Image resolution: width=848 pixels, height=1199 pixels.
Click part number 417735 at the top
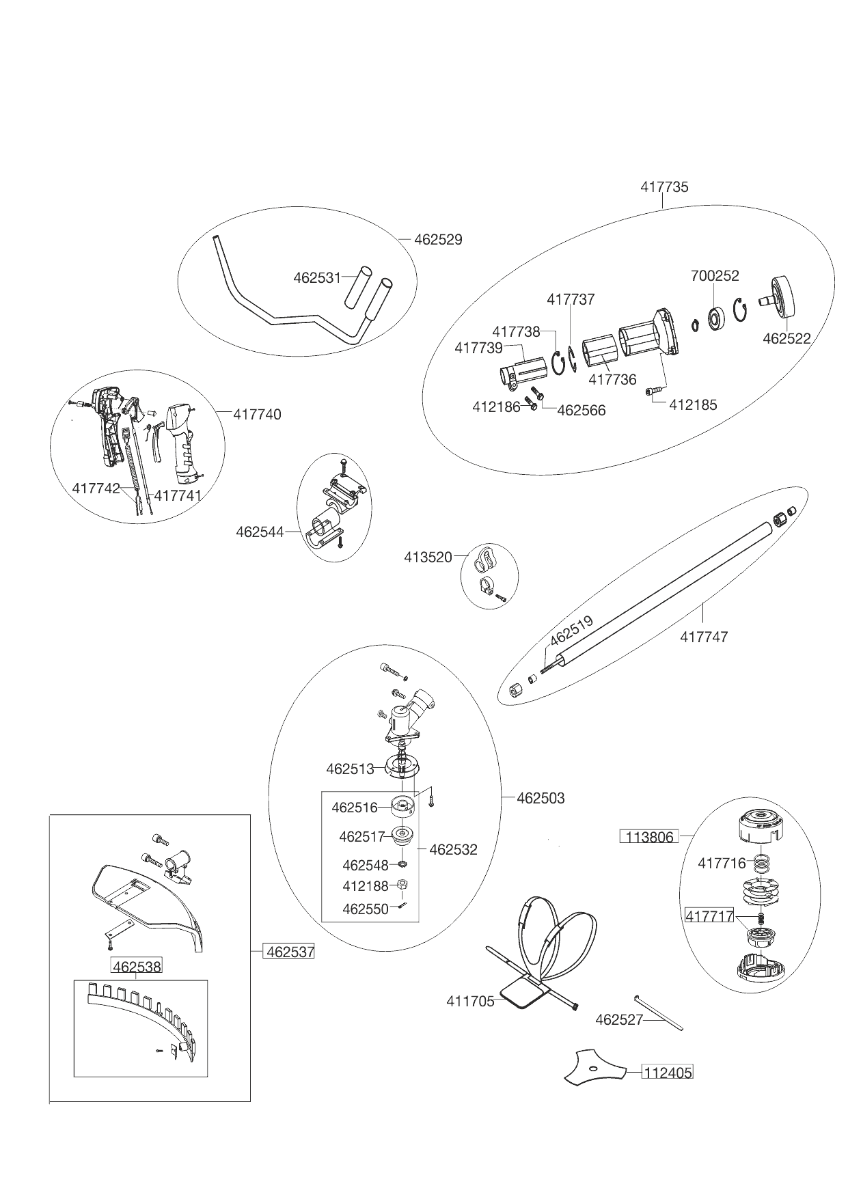point(664,187)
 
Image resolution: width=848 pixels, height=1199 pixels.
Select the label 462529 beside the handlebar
point(438,240)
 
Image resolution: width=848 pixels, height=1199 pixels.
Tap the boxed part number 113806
point(648,837)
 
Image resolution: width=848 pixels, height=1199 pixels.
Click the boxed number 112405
point(666,1073)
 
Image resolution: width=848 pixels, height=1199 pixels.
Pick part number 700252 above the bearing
point(714,276)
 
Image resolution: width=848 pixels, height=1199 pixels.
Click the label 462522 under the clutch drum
point(787,339)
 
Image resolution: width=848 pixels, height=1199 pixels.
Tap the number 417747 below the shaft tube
point(704,637)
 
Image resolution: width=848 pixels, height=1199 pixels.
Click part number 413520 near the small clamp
point(428,557)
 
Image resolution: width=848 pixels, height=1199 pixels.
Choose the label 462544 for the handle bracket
point(260,531)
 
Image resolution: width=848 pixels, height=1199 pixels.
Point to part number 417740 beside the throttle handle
point(257,415)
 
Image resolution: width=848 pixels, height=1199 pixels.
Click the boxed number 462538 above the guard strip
point(137,967)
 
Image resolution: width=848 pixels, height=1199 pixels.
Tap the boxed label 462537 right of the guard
point(289,951)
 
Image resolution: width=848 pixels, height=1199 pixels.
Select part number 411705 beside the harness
point(470,1002)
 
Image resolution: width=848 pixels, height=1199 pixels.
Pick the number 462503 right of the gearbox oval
point(541,798)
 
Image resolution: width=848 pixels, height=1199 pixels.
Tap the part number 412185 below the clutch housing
point(693,404)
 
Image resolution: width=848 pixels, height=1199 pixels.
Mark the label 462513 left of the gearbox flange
point(350,769)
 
